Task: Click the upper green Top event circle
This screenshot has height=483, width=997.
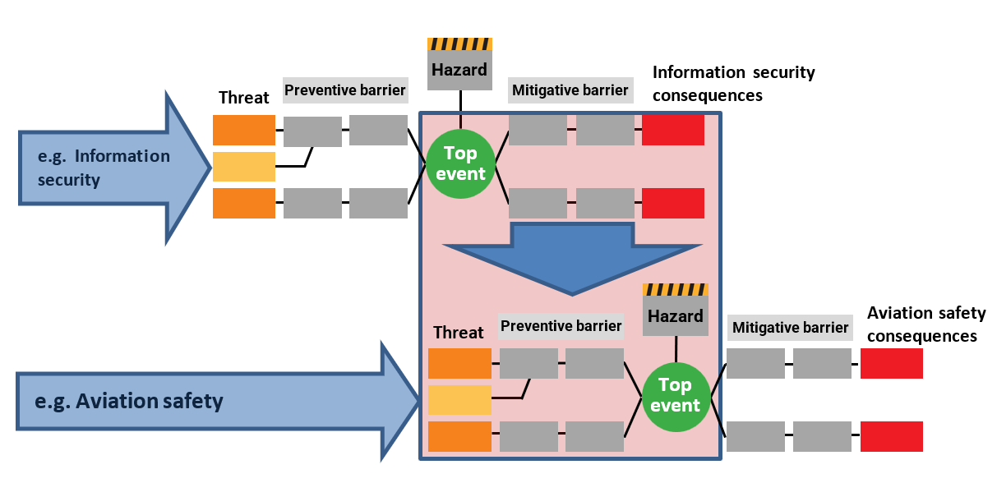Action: coord(460,163)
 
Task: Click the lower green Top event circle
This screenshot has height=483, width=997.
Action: coord(676,395)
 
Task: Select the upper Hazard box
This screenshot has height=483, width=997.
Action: coord(459,70)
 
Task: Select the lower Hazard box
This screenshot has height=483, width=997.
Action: coord(676,316)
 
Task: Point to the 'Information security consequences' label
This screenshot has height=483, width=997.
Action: coord(733,84)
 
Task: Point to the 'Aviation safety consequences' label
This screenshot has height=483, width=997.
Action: coord(926,324)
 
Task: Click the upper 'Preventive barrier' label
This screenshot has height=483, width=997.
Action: coord(345,90)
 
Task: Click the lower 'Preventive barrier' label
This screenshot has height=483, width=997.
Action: coord(561,326)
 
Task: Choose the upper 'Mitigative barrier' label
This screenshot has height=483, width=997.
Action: coord(570,90)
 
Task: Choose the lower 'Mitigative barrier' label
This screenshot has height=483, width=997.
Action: coord(790,328)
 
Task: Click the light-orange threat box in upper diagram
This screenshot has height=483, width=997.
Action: coord(244,167)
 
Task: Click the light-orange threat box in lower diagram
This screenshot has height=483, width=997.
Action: coord(459,399)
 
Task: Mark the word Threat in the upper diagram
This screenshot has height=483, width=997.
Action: coord(244,98)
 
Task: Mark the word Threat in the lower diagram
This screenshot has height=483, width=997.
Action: coord(459,333)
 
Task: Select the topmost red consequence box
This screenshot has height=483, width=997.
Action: coord(672,130)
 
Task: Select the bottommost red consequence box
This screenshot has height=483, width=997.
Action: coord(891,436)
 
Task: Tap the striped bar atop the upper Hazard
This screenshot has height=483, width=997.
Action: coord(459,44)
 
